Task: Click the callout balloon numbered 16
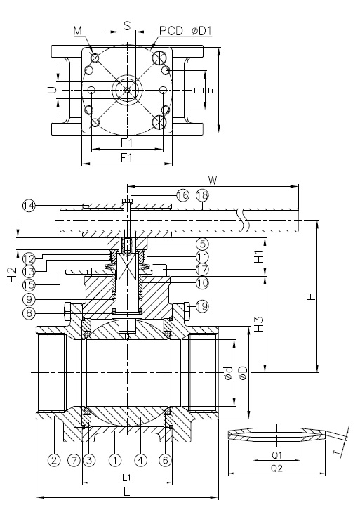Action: pos(182,195)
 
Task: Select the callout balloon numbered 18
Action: pos(202,195)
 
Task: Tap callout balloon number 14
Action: pos(29,206)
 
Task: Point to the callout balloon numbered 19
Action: pos(202,306)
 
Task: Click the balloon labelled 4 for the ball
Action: pos(140,460)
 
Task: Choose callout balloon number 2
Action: pos(54,460)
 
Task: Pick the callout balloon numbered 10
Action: pos(202,282)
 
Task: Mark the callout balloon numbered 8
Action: pos(29,313)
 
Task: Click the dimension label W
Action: pos(213,180)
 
